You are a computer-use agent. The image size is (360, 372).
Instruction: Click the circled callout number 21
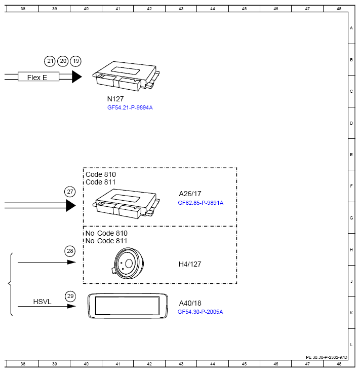click(x=50, y=61)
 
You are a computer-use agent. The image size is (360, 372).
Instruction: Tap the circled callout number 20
click(x=63, y=61)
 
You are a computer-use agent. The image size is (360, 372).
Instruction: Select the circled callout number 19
click(x=75, y=61)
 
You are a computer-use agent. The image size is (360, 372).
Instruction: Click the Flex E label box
click(x=38, y=77)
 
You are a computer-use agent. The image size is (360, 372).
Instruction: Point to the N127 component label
click(x=115, y=99)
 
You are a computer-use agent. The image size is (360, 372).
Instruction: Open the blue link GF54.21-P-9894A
click(x=130, y=107)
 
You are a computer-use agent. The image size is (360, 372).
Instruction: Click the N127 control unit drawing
click(x=126, y=76)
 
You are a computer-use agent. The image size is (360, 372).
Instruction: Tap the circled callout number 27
click(x=70, y=192)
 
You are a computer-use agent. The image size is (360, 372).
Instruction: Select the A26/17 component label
click(x=190, y=194)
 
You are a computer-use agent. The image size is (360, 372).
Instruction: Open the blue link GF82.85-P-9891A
click(x=201, y=203)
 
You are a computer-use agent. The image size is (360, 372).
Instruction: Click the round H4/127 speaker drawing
click(x=129, y=264)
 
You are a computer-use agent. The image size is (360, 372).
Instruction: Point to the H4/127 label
click(x=190, y=264)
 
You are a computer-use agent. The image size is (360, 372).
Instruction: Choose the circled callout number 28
click(x=70, y=251)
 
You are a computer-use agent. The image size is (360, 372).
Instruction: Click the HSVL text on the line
click(x=42, y=302)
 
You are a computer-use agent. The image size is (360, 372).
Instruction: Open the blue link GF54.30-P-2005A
click(x=200, y=312)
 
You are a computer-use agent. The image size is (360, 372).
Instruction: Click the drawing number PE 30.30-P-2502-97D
click(x=326, y=357)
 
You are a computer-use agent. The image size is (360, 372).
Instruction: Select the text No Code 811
click(x=106, y=241)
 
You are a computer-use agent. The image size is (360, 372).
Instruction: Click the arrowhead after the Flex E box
click(x=76, y=77)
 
